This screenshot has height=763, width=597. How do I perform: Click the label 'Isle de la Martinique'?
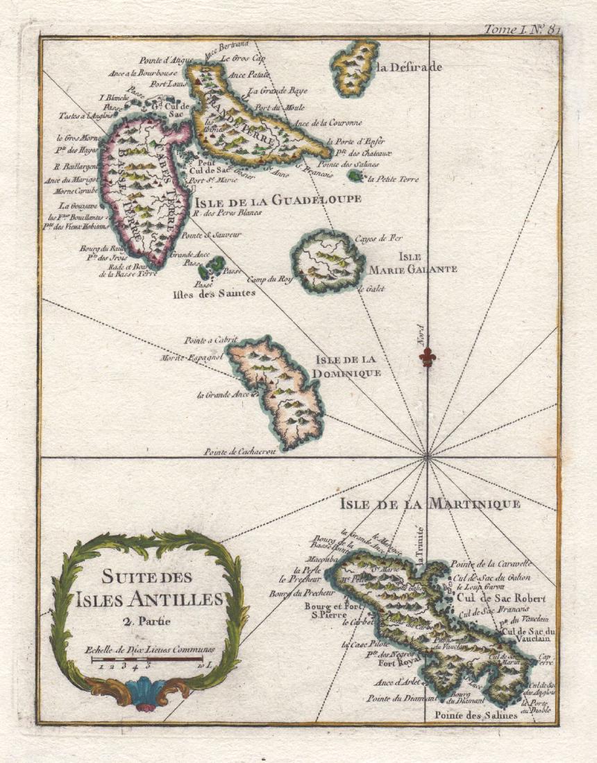click(430, 504)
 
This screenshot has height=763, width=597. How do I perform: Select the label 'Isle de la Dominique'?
click(348, 366)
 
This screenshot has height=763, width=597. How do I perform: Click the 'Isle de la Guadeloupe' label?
click(278, 200)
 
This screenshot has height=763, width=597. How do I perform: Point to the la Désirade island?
click(355, 68)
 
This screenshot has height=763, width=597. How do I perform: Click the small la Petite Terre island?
click(357, 177)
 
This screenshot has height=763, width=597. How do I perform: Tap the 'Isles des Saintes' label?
click(212, 293)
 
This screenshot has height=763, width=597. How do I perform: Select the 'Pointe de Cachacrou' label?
click(239, 452)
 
